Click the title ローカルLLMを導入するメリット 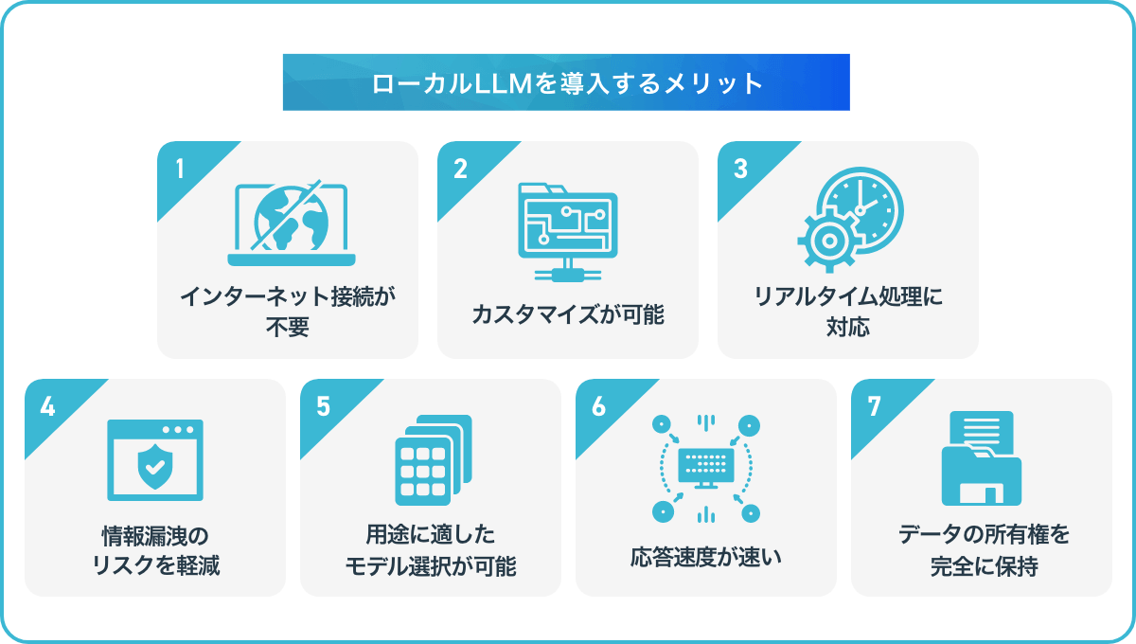pos(567,83)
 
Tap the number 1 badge pos(180,169)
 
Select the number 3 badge pos(740,169)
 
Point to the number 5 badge pos(323,406)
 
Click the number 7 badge pos(874,406)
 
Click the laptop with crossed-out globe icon pos(292,223)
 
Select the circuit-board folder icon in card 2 pos(568,232)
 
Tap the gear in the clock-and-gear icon pos(829,241)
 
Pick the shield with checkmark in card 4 pos(155,467)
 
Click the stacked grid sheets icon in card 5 pos(434,460)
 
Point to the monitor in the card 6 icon pos(706,468)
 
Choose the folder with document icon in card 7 pos(982,458)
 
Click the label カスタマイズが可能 pos(568,314)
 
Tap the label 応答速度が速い pos(706,557)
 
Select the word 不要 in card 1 pos(288,327)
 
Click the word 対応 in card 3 pos(848,327)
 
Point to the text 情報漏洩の pos(155,536)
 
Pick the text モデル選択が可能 pos(431,566)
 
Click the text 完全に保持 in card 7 pos(984,566)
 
